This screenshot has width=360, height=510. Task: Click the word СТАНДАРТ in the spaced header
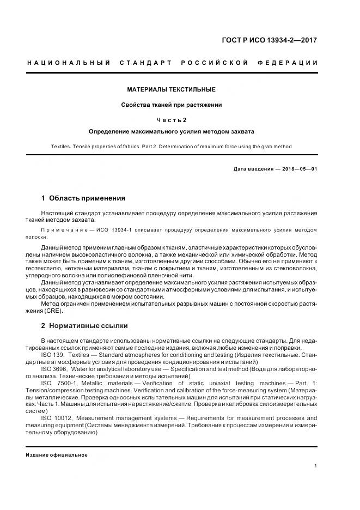(x=146, y=63)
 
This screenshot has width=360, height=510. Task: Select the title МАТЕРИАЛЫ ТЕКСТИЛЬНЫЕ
(x=172, y=89)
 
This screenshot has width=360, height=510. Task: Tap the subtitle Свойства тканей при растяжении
(x=172, y=105)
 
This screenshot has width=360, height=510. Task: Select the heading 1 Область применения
(x=83, y=198)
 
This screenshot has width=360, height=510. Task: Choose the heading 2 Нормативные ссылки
(x=84, y=326)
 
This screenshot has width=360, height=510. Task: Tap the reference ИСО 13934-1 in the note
(x=111, y=230)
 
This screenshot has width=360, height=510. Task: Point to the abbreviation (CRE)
(x=54, y=311)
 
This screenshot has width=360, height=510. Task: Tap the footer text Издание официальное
(x=57, y=455)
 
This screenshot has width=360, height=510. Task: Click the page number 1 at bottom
(x=316, y=466)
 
